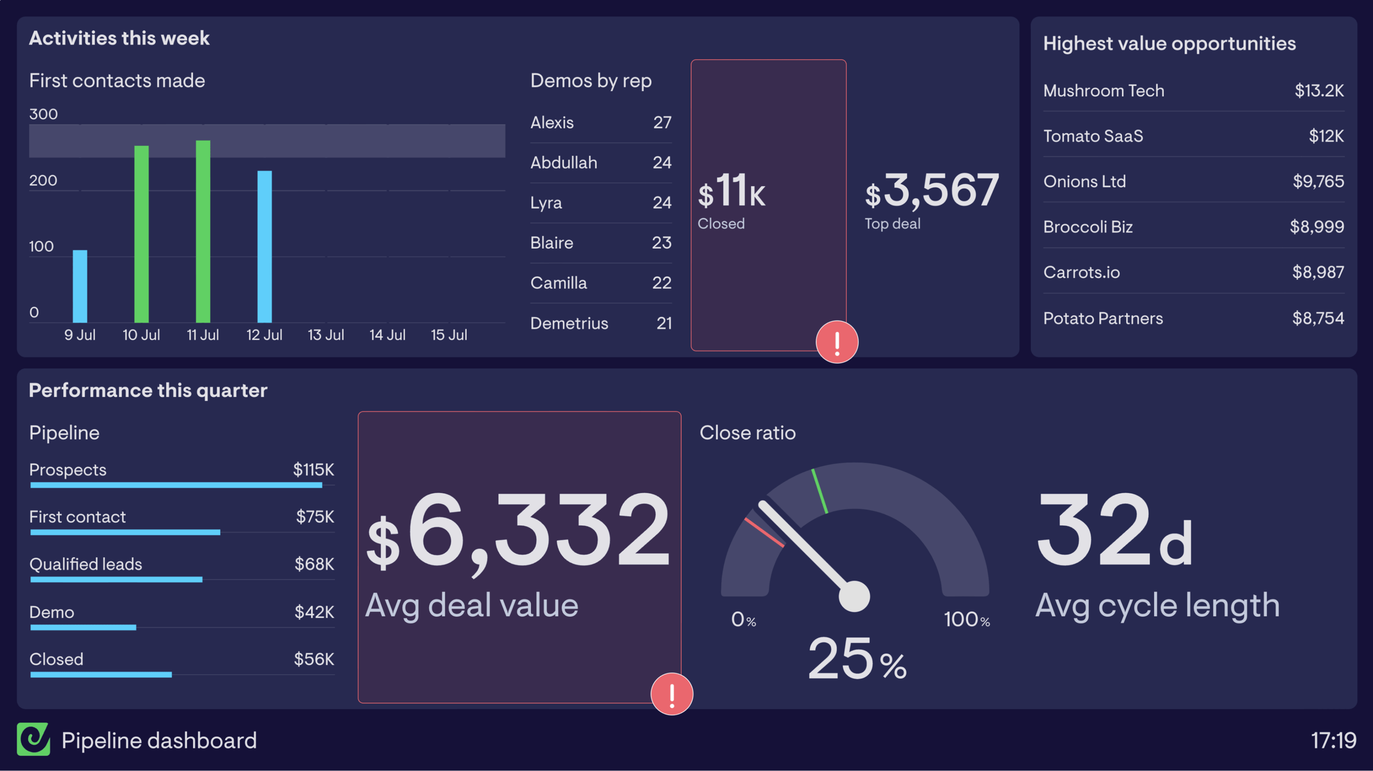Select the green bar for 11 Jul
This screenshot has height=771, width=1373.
[203, 231]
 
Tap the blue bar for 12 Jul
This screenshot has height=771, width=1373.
[264, 247]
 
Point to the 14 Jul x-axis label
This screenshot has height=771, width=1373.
[387, 335]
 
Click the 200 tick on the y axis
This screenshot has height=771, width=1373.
[43, 180]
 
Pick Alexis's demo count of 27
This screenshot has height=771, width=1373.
[662, 122]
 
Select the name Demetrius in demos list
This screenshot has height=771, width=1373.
[569, 323]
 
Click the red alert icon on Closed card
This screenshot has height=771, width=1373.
[837, 342]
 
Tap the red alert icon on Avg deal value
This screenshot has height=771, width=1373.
[671, 694]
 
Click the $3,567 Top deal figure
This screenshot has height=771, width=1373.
[932, 191]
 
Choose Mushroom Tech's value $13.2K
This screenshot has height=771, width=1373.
[1319, 91]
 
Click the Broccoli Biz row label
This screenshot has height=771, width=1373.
[1088, 227]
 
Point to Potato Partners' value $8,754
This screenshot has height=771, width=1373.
[1318, 318]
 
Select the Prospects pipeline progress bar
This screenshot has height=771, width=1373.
[176, 485]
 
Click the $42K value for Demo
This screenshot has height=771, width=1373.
[314, 612]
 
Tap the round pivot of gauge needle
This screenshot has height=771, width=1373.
[854, 596]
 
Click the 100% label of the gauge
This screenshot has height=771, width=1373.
[966, 620]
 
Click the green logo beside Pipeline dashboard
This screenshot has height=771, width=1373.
[33, 739]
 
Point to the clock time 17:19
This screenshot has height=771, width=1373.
[1333, 740]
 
